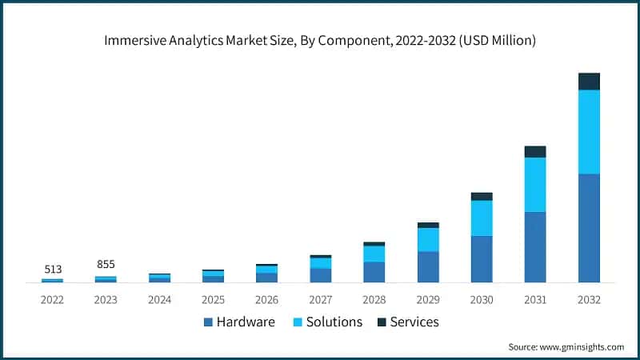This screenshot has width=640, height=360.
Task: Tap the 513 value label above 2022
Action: click(52, 269)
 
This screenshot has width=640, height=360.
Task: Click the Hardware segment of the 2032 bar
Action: click(589, 228)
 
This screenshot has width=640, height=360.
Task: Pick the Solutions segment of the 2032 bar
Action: click(589, 132)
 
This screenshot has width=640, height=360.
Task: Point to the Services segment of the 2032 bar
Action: click(589, 82)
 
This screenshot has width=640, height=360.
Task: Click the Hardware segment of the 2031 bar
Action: click(535, 247)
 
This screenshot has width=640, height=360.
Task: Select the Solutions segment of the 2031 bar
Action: click(535, 185)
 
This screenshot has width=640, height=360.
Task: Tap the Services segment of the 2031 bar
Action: click(535, 152)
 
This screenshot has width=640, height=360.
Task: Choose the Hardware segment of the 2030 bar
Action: click(482, 259)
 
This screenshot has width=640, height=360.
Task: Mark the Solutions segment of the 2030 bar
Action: click(482, 218)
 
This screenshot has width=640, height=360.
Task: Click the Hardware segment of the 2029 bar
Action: click(428, 267)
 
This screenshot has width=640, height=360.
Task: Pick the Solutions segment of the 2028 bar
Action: click(374, 254)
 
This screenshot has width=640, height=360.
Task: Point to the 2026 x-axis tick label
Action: click(266, 299)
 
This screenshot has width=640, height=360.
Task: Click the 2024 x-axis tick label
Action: click(159, 299)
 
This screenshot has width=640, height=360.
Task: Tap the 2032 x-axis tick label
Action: click(589, 299)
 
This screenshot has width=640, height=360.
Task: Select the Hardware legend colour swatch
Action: click(209, 322)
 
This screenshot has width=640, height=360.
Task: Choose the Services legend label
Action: click(414, 322)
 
